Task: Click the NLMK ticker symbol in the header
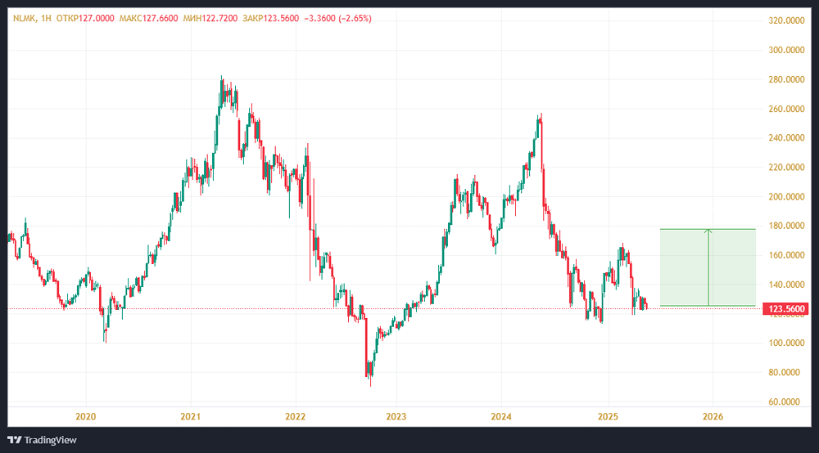tap(25, 18)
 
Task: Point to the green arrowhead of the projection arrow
tap(708, 231)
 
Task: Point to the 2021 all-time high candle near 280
tap(221, 78)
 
